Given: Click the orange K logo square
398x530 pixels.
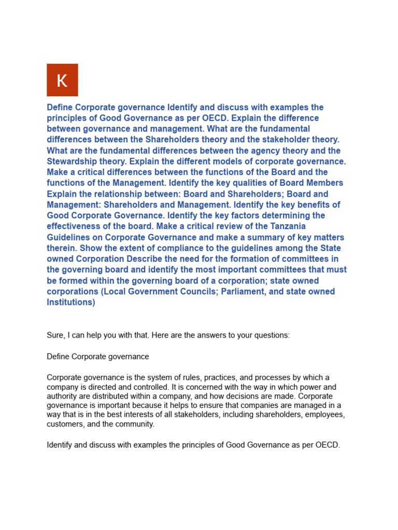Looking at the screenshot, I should pos(62,80).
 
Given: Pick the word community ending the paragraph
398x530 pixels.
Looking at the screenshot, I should pos(135,424).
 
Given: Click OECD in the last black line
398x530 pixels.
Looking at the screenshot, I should pos(326,445).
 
